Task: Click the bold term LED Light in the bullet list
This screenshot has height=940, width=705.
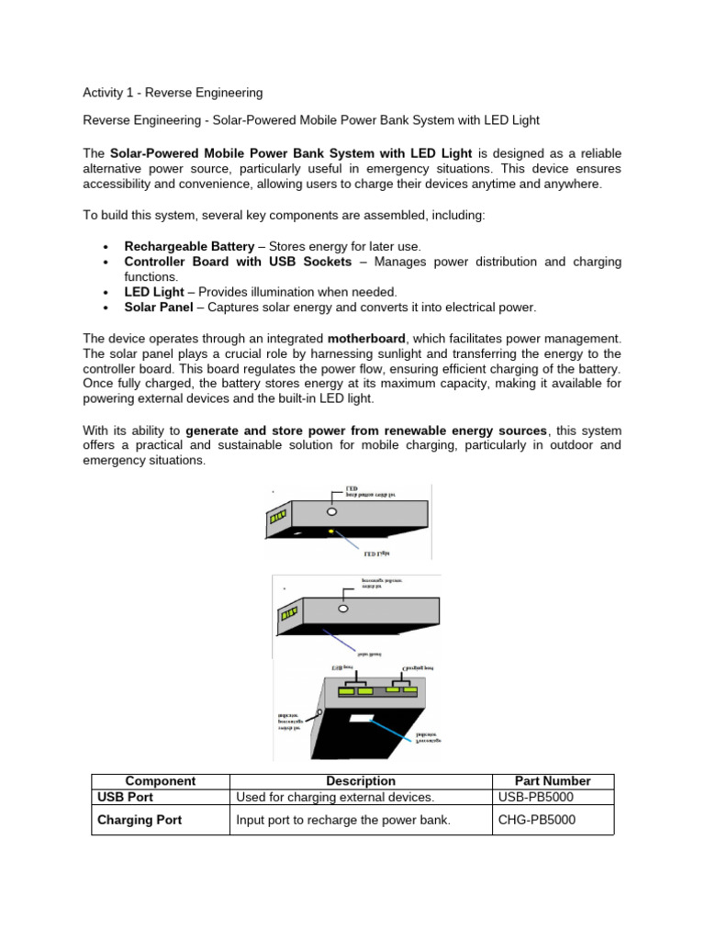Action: pos(154,292)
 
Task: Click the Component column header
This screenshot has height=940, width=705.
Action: pos(160,780)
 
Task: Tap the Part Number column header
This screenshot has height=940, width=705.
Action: pos(553,780)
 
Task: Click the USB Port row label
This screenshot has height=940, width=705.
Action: pos(126,796)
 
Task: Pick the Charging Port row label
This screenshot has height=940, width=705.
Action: pos(140,820)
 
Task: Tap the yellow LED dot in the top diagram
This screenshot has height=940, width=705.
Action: pos(330,531)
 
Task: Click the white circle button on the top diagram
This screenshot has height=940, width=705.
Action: pos(332,510)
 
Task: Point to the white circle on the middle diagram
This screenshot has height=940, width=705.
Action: pos(342,608)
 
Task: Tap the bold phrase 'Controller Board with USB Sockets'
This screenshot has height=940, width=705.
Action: pos(238,262)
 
